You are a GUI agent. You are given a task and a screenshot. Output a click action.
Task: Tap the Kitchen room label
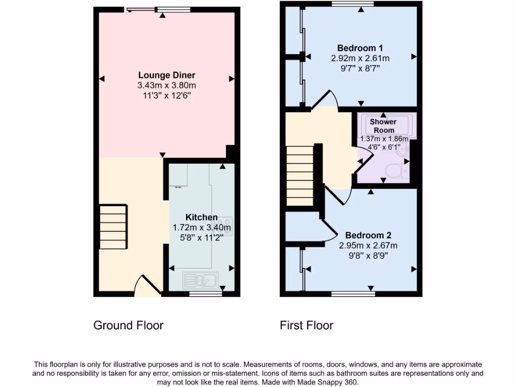point(202,217)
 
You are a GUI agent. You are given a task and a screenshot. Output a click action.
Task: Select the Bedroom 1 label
point(360,48)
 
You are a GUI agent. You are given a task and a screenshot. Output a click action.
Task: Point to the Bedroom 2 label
point(368,235)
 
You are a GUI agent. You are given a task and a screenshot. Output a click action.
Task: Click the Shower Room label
point(383,126)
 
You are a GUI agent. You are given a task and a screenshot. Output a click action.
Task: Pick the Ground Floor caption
point(128,326)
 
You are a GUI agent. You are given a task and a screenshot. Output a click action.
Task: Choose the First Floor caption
point(306,326)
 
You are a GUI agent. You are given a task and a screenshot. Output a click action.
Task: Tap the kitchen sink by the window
point(200,279)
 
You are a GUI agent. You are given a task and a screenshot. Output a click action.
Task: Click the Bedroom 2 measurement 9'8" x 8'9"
point(368,255)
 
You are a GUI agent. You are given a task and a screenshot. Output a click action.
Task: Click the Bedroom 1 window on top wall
point(353,4)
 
